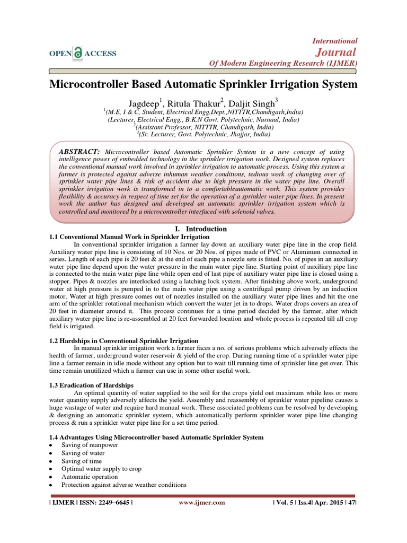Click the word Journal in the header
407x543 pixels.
[x=336, y=51]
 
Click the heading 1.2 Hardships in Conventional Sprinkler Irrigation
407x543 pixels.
[x=123, y=340]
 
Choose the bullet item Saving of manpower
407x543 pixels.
[x=90, y=445]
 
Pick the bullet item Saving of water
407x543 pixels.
[x=82, y=453]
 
